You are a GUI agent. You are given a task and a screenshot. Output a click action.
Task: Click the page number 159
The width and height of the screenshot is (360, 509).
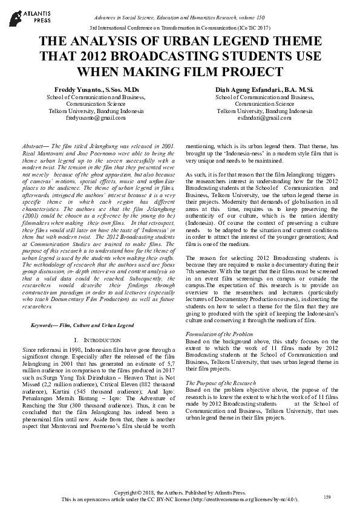tap(327, 497)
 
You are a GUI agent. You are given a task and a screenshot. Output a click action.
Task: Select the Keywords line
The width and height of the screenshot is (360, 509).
tap(82, 325)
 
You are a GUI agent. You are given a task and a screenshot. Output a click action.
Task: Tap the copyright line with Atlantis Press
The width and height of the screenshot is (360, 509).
tap(180, 493)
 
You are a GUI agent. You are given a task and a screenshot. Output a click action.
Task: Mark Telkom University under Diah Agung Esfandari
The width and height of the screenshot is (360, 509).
tap(249, 112)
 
